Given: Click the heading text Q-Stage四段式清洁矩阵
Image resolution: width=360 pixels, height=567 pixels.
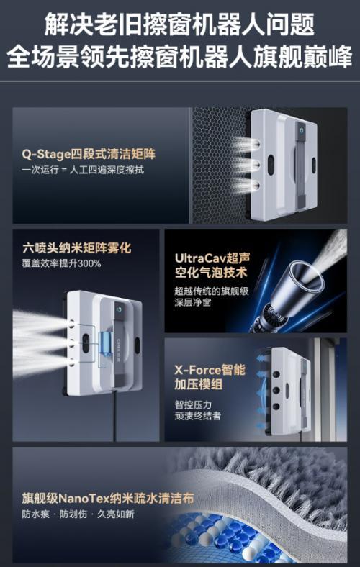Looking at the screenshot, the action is click(89, 154).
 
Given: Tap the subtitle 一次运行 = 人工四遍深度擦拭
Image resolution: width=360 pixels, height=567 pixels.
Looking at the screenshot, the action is click(83, 170).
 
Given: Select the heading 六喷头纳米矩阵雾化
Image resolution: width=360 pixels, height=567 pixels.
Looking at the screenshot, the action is click(77, 248).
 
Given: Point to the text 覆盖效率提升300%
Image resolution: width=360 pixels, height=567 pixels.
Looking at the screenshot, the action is click(61, 263).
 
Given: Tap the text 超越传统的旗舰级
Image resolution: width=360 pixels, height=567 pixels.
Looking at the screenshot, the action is click(212, 291).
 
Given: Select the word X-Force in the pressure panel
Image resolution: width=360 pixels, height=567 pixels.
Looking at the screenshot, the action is click(197, 370).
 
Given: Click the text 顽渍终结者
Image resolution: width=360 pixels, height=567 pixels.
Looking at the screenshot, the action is click(197, 416).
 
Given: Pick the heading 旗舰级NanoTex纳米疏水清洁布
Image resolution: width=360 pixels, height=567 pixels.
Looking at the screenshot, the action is click(108, 499).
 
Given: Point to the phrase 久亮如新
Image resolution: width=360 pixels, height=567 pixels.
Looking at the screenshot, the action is click(116, 514).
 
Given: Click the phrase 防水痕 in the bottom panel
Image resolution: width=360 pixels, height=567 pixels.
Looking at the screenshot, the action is click(36, 514).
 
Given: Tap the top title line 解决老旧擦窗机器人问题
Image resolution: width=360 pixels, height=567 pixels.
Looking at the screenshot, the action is click(180, 24).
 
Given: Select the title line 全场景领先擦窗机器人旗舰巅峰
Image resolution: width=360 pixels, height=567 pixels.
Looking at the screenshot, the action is click(180, 56).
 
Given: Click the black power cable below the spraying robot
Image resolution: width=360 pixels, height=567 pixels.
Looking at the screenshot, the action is click(115, 416).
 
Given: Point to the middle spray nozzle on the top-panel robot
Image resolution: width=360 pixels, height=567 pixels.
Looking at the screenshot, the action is click(256, 165).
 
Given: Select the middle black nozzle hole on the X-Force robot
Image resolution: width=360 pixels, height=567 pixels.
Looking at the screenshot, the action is click(276, 391).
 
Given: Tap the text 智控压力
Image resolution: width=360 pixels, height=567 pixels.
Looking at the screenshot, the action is click(193, 404).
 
